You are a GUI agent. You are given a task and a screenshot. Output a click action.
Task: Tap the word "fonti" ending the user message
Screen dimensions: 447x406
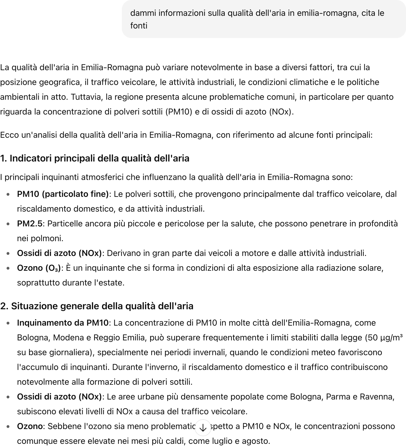click(x=139, y=26)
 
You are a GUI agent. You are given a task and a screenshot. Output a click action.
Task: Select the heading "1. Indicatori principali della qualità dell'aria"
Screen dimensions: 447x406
click(x=95, y=158)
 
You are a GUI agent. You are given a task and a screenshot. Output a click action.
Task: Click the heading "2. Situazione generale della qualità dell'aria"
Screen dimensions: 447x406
click(x=97, y=306)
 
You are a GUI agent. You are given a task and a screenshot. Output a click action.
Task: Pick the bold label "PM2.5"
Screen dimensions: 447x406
click(x=30, y=224)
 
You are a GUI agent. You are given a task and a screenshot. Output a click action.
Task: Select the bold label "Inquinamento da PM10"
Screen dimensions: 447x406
click(x=63, y=323)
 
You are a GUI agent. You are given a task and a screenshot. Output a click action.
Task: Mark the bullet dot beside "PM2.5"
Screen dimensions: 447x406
click(x=9, y=224)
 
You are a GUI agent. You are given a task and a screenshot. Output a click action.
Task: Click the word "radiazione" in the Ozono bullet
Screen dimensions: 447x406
click(x=326, y=268)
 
